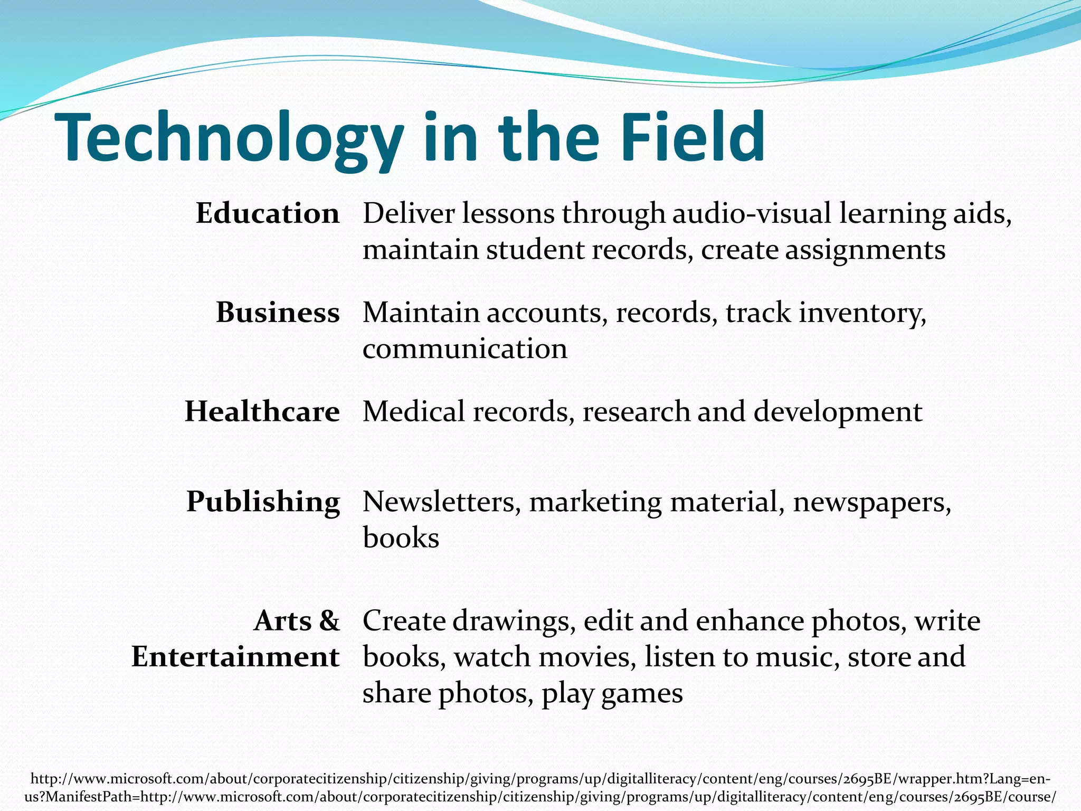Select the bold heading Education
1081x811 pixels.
pos(268,214)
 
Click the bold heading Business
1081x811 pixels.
pos(278,313)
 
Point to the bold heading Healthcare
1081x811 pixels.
pos(262,411)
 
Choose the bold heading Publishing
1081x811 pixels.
pos(263,502)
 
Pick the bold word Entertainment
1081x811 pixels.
pos(235,657)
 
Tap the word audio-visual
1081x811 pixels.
pos(752,214)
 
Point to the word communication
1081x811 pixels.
pos(465,349)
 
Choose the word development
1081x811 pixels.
pos(838,412)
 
